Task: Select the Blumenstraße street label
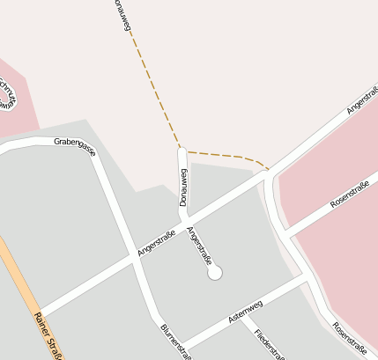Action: point(175,341)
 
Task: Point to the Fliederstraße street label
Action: point(269,344)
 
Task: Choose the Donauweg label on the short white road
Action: point(183,187)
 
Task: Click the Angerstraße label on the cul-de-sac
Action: point(200,246)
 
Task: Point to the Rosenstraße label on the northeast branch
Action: point(349,195)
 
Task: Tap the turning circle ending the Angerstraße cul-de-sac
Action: point(214,274)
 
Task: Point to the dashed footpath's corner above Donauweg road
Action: point(182,147)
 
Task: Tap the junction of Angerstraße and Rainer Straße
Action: point(37,314)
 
